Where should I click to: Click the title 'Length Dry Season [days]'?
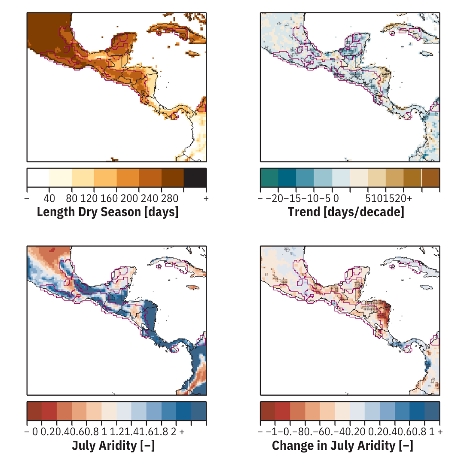107,212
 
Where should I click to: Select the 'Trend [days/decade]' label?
346,212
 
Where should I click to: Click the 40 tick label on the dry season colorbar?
49,198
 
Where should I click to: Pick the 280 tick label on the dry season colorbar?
162,198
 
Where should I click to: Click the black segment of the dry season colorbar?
195,177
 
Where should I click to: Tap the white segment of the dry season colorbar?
38,177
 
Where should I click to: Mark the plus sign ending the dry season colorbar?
206,198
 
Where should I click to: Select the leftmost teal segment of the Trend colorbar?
269,177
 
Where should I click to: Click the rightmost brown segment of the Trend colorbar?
430,177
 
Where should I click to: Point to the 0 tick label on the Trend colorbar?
336,198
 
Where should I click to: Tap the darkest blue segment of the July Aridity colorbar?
198,411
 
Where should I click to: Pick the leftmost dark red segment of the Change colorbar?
268,411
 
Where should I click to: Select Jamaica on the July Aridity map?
194,287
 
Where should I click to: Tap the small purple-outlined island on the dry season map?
159,32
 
